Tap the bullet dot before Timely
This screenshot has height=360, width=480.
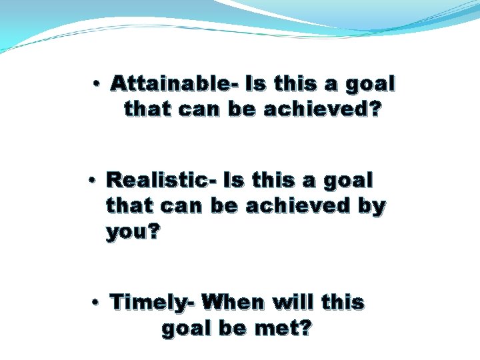tap(97, 303)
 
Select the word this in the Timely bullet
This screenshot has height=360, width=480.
tap(343, 303)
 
